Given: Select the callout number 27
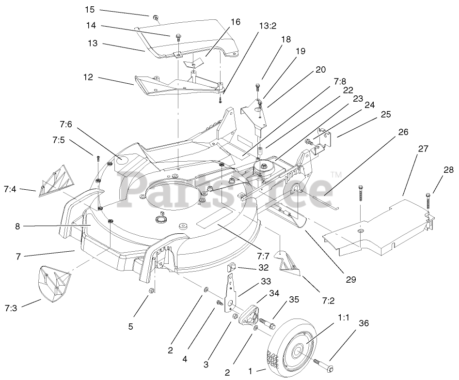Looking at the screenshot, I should tap(423, 149).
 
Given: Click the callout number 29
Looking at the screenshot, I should tap(351, 280).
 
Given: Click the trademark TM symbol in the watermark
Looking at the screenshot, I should tap(335, 174).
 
